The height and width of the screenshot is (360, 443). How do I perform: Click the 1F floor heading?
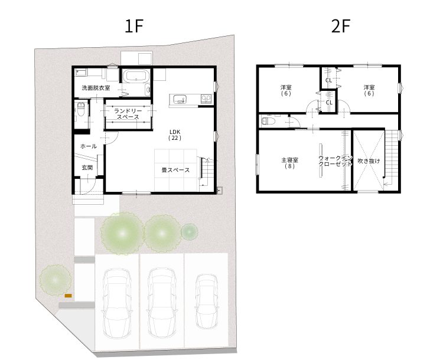(134, 26)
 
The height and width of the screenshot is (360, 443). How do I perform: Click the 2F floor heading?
(341, 26)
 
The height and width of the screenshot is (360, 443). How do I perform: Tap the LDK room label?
(175, 135)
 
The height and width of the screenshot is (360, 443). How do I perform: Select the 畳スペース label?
(175, 170)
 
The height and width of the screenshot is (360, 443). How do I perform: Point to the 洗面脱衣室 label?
(96, 88)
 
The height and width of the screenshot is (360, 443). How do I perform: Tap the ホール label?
(89, 146)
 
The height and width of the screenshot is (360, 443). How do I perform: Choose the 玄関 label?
(87, 168)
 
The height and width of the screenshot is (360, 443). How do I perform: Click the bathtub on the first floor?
(136, 76)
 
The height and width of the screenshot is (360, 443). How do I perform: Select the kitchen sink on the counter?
(180, 99)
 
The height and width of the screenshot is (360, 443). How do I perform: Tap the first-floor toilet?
(80, 110)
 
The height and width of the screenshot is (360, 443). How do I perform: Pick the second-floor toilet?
(268, 121)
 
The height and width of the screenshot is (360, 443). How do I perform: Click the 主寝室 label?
(289, 163)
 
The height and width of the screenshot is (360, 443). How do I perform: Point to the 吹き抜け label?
(369, 161)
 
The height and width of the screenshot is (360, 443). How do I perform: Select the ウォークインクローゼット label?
(335, 161)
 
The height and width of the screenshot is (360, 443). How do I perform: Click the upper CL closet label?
(328, 80)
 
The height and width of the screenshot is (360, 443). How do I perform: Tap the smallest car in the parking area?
(207, 301)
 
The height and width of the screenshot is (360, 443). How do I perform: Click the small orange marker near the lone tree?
(68, 296)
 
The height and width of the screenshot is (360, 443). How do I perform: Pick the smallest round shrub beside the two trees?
(189, 232)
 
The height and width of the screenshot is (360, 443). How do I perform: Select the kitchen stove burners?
(206, 99)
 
